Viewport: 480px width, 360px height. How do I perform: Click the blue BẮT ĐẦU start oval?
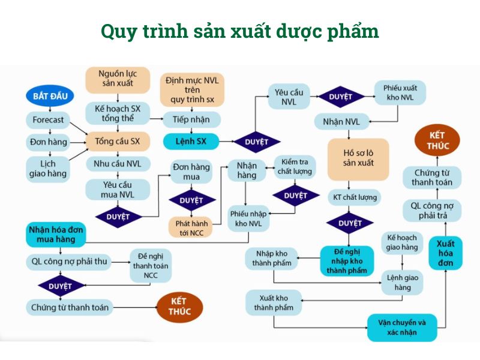50,96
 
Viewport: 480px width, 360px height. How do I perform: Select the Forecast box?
48,119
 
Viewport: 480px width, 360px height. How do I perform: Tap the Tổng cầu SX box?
118,141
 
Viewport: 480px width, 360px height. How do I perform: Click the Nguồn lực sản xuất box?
118,79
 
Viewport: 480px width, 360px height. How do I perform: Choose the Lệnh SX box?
191,142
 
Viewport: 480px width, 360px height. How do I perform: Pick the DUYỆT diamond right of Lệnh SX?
257,142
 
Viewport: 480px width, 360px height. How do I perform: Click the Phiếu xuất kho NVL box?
400,93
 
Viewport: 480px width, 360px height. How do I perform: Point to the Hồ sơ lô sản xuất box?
358,158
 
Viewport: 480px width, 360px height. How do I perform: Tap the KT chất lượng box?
355,197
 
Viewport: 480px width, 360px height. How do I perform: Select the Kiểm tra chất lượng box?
295,167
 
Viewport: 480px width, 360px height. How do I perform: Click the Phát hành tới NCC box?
191,228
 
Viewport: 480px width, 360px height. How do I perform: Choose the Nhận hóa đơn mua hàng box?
56,235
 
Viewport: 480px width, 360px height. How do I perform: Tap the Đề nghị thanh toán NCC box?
151,266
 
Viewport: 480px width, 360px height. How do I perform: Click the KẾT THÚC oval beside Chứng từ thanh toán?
179,307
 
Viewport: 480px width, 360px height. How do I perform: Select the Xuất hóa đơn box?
445,253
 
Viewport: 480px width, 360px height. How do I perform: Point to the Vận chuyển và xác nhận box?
401,327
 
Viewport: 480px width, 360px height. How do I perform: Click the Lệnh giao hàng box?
402,283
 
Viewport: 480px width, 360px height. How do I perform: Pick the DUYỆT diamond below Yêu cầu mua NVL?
118,217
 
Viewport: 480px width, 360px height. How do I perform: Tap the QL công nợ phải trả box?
432,211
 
